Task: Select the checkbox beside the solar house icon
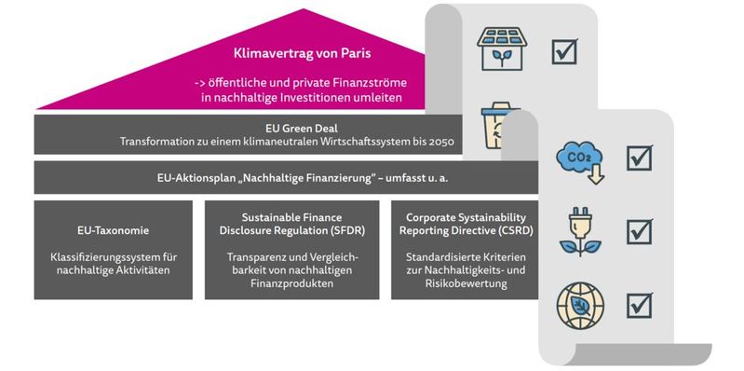[x=565, y=49]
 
